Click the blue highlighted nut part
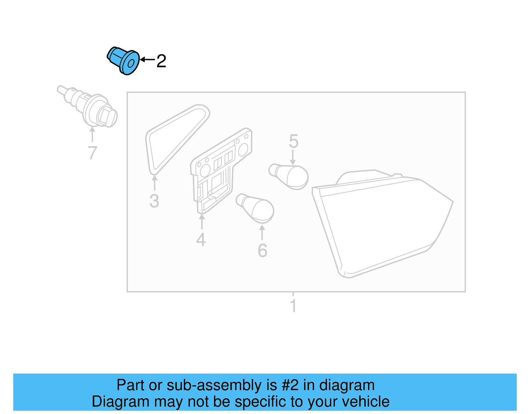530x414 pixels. click(123, 60)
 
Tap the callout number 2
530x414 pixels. click(161, 61)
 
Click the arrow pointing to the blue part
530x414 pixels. click(147, 60)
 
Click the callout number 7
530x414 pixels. click(92, 153)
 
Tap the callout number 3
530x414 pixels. click(154, 201)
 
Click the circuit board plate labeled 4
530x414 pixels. click(220, 169)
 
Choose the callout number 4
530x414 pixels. click(201, 239)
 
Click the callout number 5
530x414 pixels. click(293, 142)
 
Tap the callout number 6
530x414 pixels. click(262, 251)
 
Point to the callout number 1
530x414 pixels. click(293, 306)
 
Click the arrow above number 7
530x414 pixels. click(92, 134)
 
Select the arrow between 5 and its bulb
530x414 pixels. click(293, 157)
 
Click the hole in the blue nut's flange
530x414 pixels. click(131, 63)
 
